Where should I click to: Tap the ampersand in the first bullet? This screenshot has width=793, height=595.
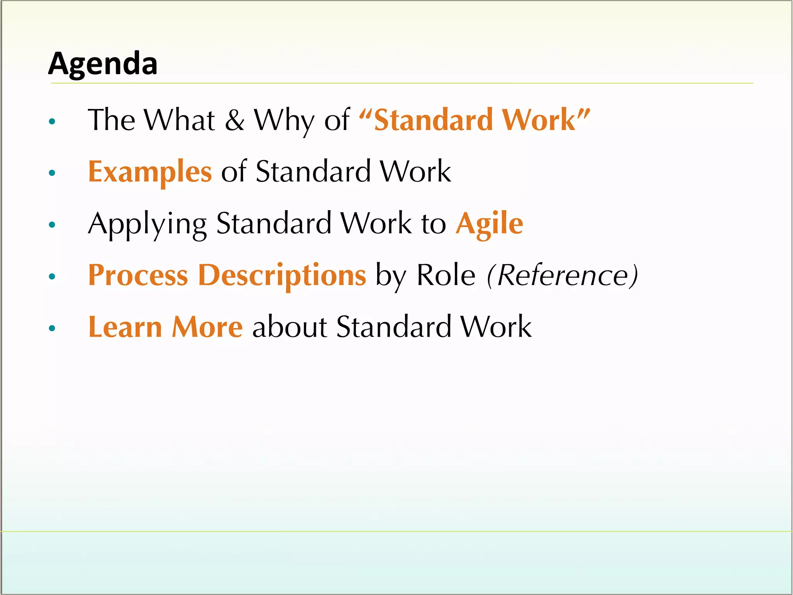[235, 120]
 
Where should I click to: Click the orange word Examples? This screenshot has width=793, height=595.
[150, 172]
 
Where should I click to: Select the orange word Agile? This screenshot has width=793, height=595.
[489, 224]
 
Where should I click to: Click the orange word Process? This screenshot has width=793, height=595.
[138, 275]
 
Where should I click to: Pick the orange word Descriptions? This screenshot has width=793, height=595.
[282, 275]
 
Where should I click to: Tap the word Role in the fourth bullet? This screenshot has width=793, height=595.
[446, 275]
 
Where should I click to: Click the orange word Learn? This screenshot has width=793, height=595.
[125, 327]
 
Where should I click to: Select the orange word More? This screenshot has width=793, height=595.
[207, 327]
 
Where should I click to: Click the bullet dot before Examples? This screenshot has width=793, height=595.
[52, 173]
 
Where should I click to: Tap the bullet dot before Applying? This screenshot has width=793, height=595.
[52, 225]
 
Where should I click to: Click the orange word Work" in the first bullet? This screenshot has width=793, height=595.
[546, 120]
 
